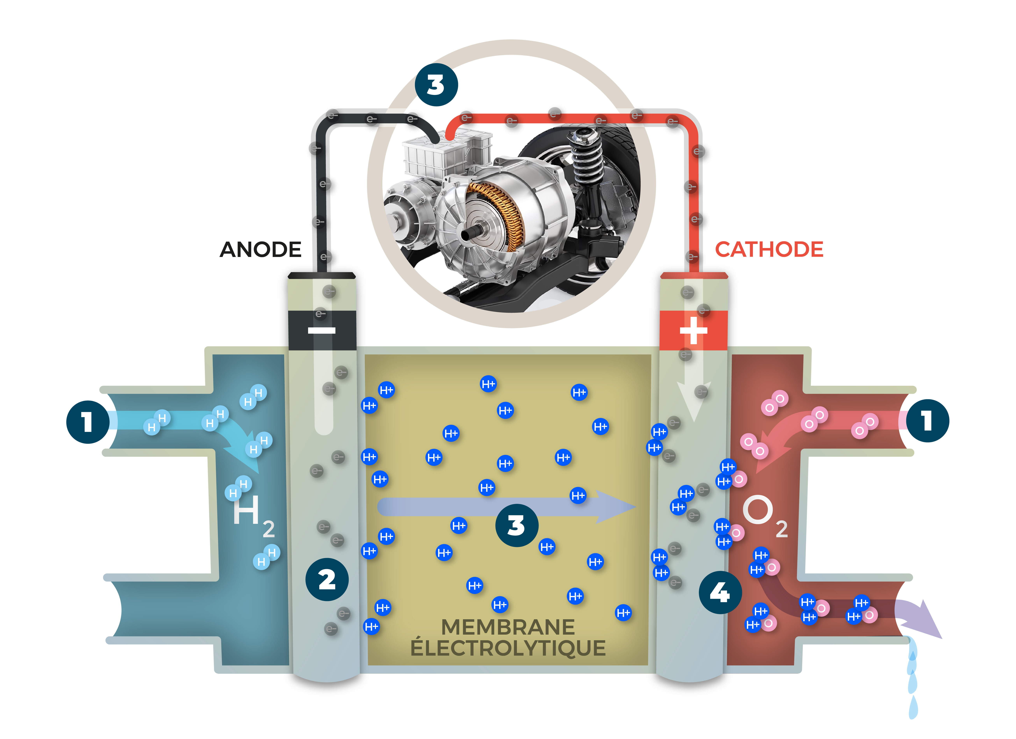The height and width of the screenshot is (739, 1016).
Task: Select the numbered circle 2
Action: click(x=327, y=580)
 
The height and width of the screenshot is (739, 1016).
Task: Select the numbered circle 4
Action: click(x=720, y=593)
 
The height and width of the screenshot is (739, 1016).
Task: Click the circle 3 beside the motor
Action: click(x=436, y=85)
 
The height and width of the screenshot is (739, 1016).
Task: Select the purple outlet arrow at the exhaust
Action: click(x=923, y=620)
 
